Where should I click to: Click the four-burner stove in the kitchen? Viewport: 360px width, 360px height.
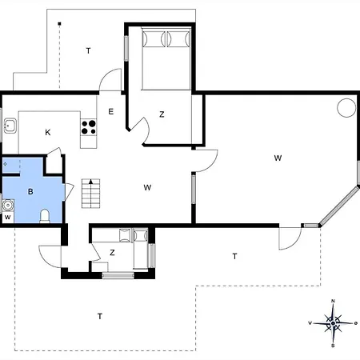(89, 127)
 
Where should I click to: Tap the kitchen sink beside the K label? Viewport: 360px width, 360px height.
(10, 126)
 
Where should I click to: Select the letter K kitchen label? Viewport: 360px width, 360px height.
(48, 133)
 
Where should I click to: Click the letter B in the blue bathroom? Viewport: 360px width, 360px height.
(30, 191)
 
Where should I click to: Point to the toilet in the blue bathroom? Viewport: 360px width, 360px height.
(45, 216)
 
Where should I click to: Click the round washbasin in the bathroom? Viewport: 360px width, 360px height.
(8, 206)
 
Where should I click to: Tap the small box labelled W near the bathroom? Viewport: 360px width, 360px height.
(8, 218)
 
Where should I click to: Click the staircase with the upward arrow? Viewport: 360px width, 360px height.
(91, 194)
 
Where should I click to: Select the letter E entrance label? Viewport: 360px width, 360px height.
(111, 111)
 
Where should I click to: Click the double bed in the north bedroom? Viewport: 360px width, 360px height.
(166, 58)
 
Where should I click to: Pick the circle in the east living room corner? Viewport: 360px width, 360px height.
(346, 108)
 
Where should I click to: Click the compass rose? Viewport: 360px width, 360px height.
(333, 323)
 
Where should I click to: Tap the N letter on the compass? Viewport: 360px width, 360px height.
(333, 301)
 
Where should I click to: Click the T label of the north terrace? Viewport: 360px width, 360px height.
(88, 50)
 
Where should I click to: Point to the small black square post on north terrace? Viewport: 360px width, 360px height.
(59, 24)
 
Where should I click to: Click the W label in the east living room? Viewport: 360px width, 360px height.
(278, 158)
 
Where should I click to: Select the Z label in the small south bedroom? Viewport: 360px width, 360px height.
(112, 253)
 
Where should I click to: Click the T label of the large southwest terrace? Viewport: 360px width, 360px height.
(100, 316)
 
